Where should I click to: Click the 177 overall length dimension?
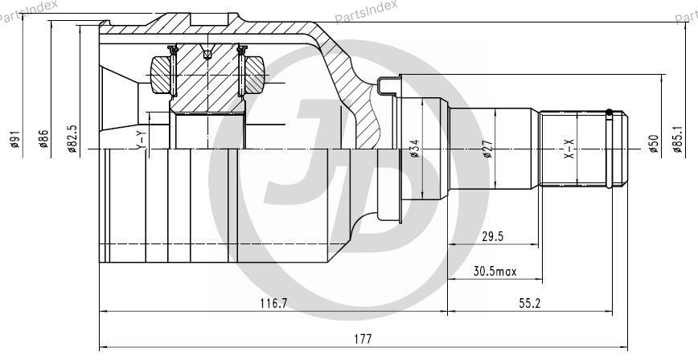[x=363, y=338]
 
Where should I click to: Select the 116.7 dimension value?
[x=273, y=304]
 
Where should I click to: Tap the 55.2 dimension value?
[x=529, y=304]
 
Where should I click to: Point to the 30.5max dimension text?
[x=495, y=271]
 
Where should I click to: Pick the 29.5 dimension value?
[x=492, y=236]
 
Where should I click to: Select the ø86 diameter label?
[x=43, y=138]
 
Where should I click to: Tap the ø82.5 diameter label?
[x=72, y=138]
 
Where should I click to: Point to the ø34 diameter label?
[x=414, y=149]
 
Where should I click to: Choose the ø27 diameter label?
[x=487, y=149]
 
